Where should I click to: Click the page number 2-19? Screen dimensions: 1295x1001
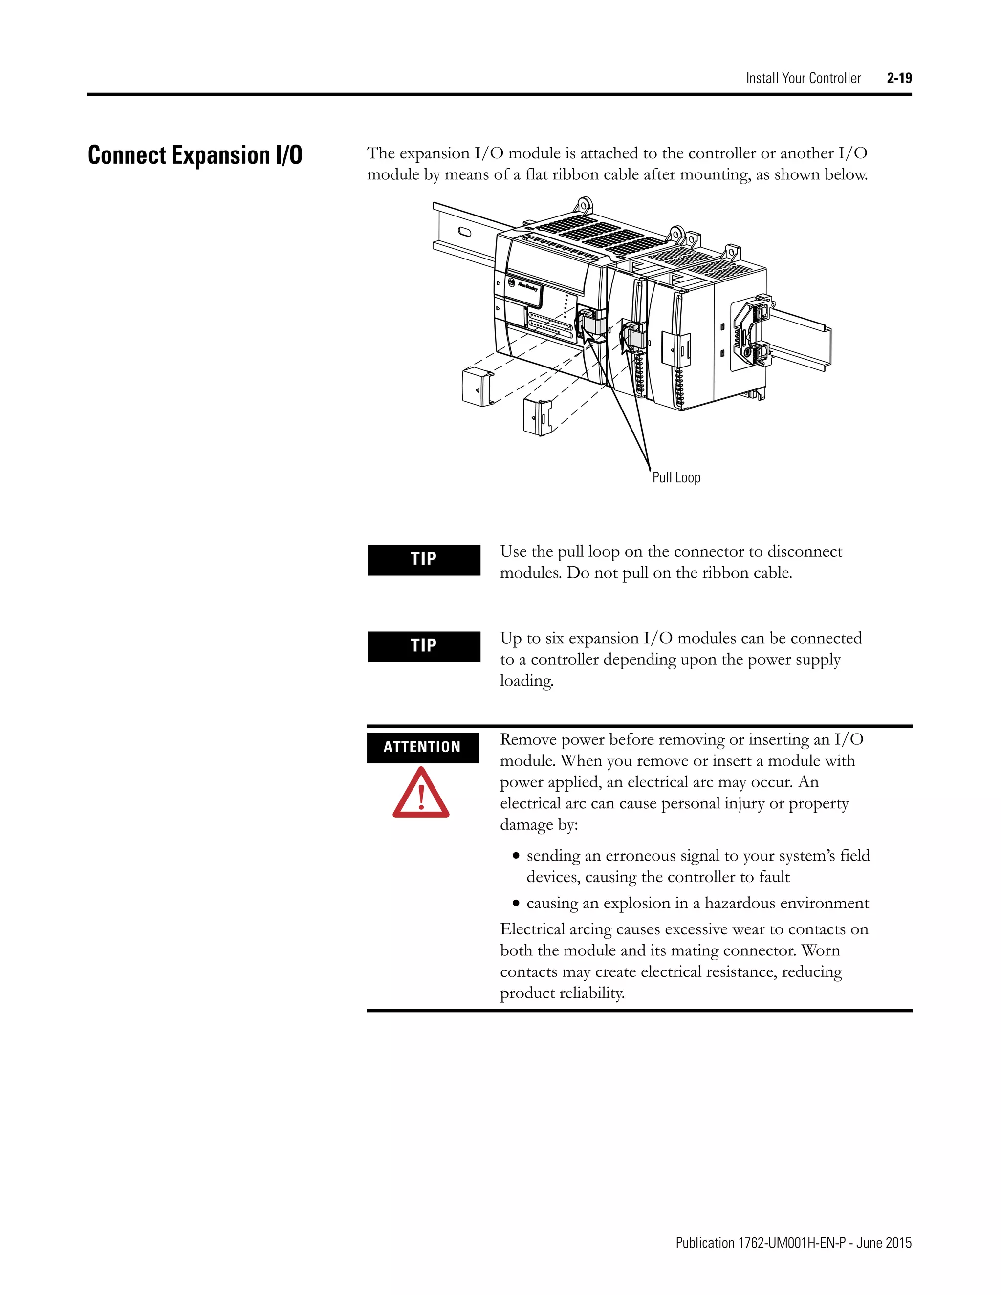[x=899, y=78]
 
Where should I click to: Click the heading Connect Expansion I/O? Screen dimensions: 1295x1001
[x=195, y=155]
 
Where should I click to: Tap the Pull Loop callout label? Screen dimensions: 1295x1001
[x=676, y=478]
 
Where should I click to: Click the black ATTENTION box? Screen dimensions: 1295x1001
[x=422, y=747]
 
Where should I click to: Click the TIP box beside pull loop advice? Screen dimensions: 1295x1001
[x=423, y=559]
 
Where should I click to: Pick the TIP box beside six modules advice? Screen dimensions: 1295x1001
[x=423, y=646]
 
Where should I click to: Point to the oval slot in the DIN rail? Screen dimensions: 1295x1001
[x=462, y=231]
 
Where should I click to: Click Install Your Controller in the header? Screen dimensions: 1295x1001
[x=803, y=78]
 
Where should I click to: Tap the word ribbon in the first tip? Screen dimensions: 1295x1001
[x=723, y=573]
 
